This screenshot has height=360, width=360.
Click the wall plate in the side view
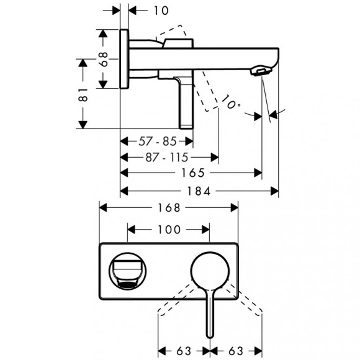(124, 59)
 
